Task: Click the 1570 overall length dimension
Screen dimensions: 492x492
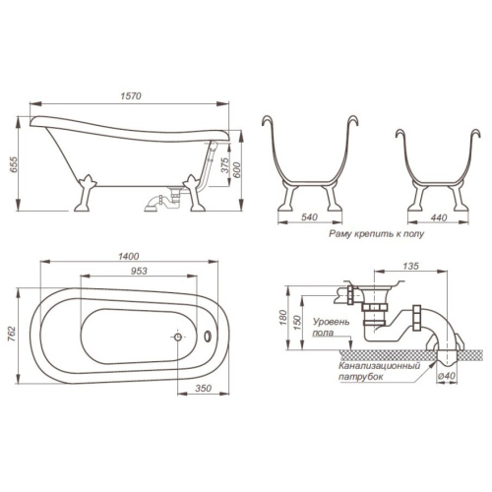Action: pos(131,96)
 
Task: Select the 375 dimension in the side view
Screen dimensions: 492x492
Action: pos(224,165)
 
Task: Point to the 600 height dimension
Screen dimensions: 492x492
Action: pos(237,170)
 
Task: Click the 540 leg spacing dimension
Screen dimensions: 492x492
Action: pos(309,217)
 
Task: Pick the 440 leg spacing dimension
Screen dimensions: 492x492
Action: pos(439,217)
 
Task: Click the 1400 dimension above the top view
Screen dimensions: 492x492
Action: pos(129,256)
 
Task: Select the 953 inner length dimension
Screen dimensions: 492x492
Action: pos(139,272)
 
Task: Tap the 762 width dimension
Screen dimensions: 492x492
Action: pos(12,334)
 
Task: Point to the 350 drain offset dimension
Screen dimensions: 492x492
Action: pos(203,388)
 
